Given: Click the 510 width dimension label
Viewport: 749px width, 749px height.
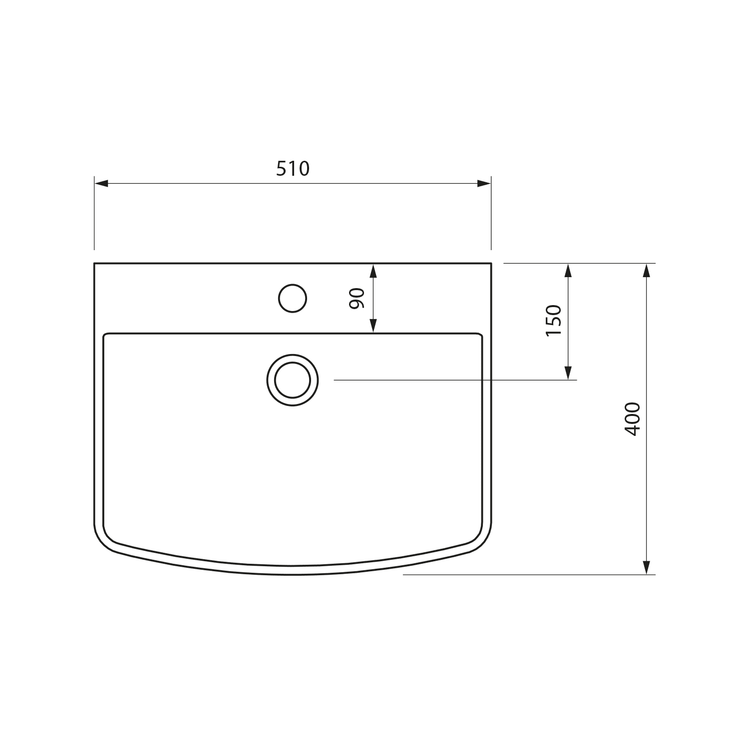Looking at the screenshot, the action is [x=293, y=169].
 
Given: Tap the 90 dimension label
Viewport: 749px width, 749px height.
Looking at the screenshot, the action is [x=358, y=299].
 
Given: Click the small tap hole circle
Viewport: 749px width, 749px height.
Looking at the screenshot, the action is [x=292, y=299].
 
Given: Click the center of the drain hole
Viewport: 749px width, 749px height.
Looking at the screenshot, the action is [x=293, y=380].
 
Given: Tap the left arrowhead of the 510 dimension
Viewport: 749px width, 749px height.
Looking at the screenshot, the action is [x=101, y=183].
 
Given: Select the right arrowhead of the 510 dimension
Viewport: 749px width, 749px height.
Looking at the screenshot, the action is [x=484, y=183].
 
